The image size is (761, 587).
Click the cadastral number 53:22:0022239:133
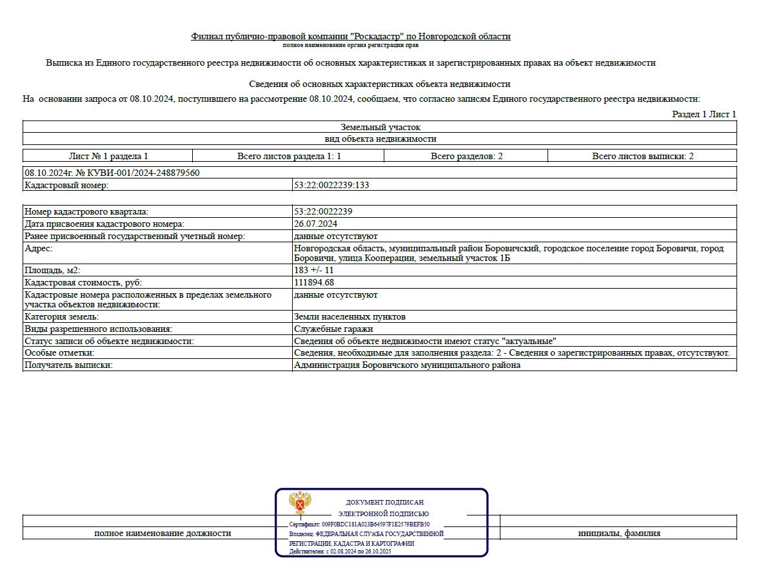(331, 185)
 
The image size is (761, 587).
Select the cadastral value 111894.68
(313, 282)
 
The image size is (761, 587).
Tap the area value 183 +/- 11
(313, 270)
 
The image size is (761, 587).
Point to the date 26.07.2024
(315, 224)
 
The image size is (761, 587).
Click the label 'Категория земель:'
(61, 316)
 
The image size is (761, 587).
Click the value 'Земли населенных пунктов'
(350, 316)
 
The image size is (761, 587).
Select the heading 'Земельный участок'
(380, 127)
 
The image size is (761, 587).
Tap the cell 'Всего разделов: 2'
(466, 156)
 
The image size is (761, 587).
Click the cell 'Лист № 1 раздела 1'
(108, 156)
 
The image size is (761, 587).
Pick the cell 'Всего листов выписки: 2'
(642, 156)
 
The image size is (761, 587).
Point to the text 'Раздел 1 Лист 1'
(704, 114)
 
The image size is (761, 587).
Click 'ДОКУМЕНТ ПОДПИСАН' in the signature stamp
(384, 502)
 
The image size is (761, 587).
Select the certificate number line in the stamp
(359, 524)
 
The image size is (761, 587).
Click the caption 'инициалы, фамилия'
(618, 533)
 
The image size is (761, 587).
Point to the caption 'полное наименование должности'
(162, 533)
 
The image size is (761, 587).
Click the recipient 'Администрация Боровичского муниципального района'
(406, 365)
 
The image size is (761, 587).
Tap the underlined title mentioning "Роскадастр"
(350, 36)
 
